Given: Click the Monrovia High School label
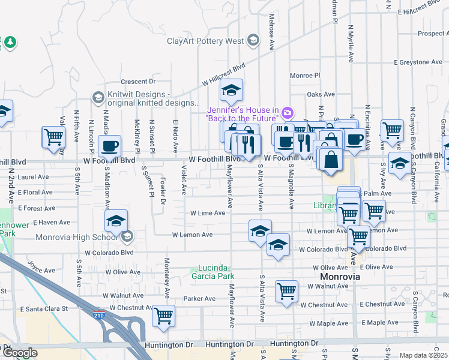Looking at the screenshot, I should click(x=78, y=236).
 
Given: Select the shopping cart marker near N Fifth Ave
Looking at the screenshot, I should click(x=54, y=136).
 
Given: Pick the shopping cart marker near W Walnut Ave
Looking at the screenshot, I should click(x=286, y=291).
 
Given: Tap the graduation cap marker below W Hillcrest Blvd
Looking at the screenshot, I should click(x=231, y=91).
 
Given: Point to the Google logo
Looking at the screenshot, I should click(x=19, y=353).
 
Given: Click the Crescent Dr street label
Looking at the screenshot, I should click(x=137, y=82).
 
